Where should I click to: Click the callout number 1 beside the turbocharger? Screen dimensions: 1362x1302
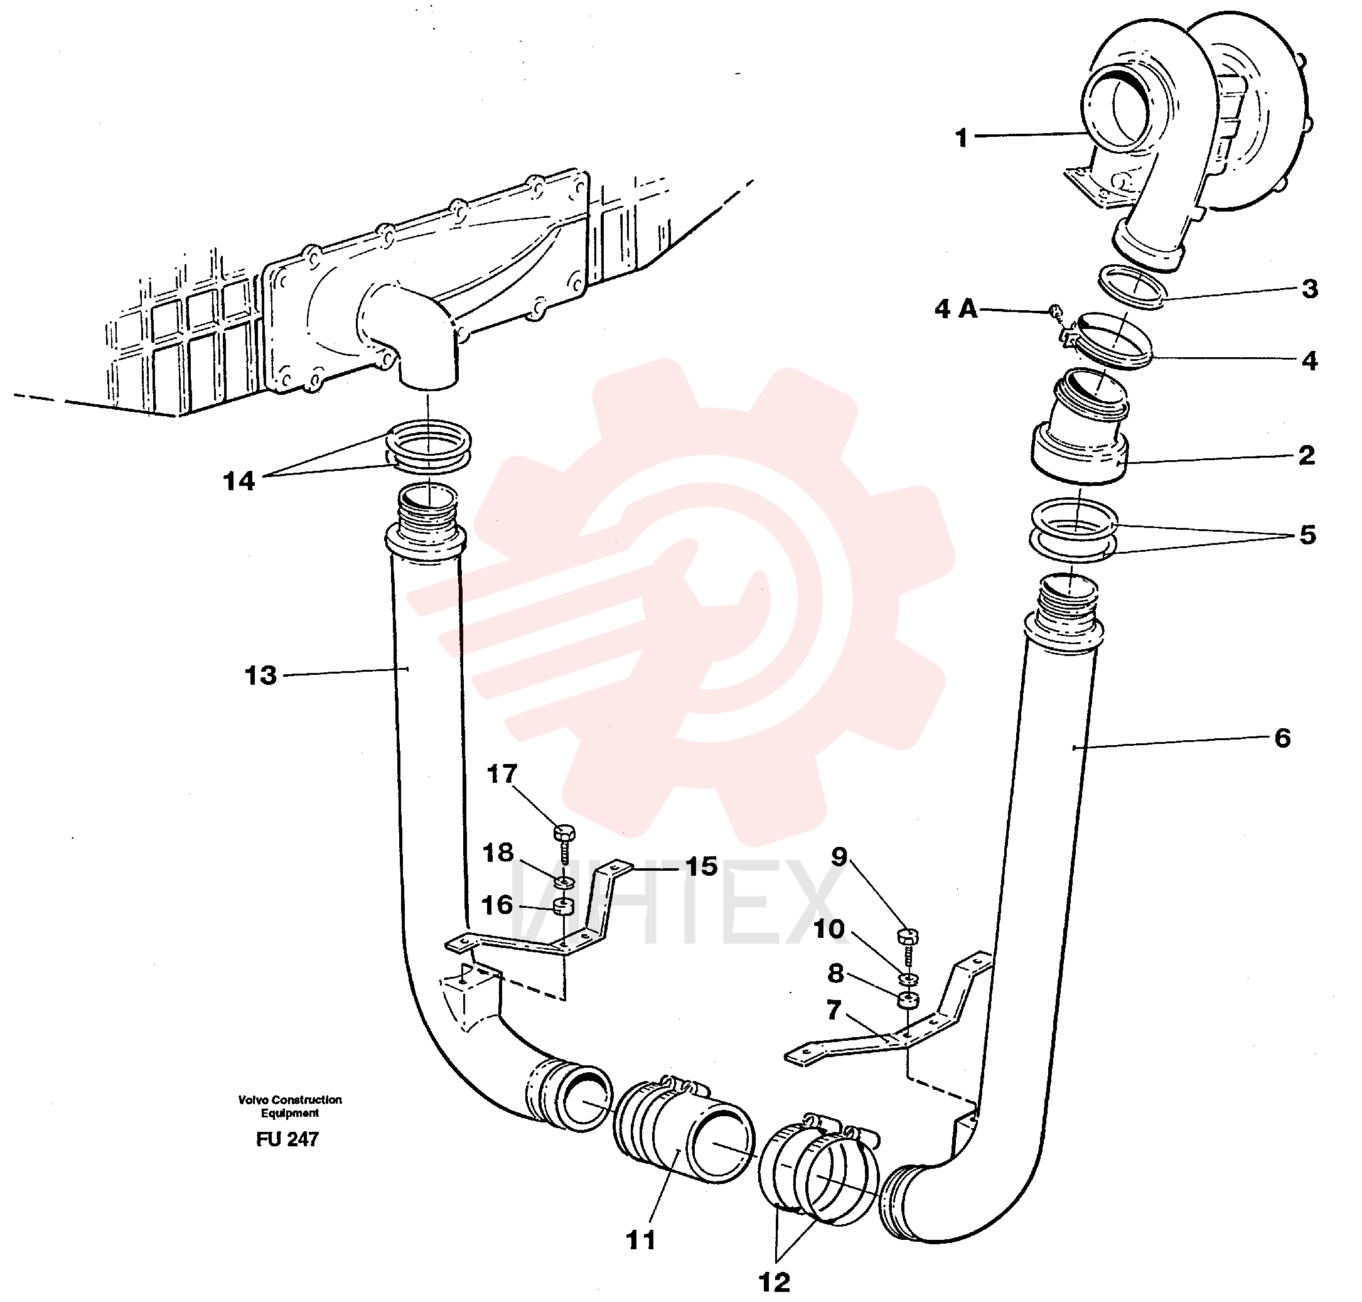coord(961,138)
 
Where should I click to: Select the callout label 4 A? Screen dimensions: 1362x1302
coord(956,309)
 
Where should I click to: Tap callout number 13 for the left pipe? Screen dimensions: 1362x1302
coord(261,675)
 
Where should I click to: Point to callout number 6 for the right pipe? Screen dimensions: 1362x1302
coord(1282,738)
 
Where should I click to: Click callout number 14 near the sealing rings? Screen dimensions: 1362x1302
coord(239,481)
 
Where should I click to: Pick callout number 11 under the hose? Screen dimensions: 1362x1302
coord(640,1240)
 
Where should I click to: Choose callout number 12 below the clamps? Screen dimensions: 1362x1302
coord(775,1282)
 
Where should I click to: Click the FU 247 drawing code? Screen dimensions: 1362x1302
coord(287,1139)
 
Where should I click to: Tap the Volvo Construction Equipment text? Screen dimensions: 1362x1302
coord(290,1106)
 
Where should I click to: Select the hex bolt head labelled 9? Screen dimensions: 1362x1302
coord(908,936)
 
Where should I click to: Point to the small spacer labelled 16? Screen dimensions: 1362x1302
coord(564,906)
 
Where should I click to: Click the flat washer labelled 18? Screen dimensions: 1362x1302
coord(565,882)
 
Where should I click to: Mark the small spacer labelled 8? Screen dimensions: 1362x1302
coord(908,1001)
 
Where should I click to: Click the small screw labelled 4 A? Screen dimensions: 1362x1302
coord(1055,311)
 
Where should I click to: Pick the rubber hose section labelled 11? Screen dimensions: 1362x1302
coord(684,1133)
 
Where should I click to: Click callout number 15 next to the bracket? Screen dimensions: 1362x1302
coord(702,866)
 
